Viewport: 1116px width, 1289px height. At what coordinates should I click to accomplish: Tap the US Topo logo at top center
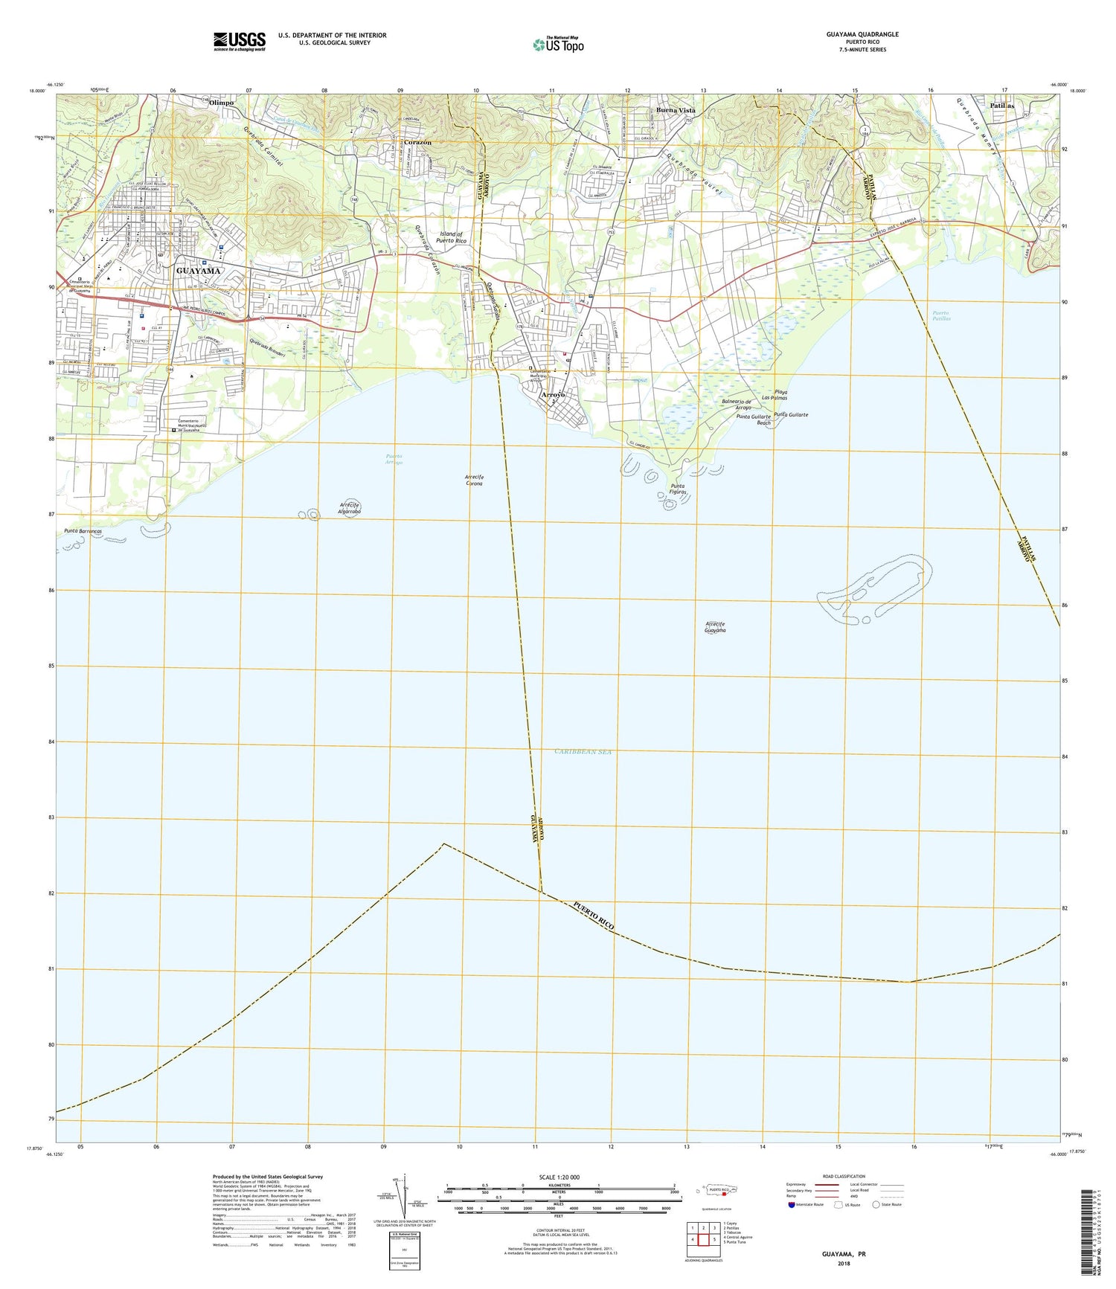(x=558, y=45)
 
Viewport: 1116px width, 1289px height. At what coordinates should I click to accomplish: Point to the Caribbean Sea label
(x=583, y=752)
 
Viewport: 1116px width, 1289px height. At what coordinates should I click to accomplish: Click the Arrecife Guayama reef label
(x=715, y=626)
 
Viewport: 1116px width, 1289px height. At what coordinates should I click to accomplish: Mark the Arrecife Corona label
(x=474, y=480)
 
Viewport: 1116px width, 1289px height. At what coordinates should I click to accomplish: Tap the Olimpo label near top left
(x=222, y=103)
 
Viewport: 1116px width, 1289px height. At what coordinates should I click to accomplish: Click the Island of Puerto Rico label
(x=451, y=238)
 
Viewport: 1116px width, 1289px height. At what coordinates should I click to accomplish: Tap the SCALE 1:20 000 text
(x=559, y=1177)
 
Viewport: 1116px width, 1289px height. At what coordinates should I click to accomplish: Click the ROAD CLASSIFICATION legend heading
(x=844, y=1177)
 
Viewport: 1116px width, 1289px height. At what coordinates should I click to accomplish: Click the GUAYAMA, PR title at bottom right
(x=844, y=1253)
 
